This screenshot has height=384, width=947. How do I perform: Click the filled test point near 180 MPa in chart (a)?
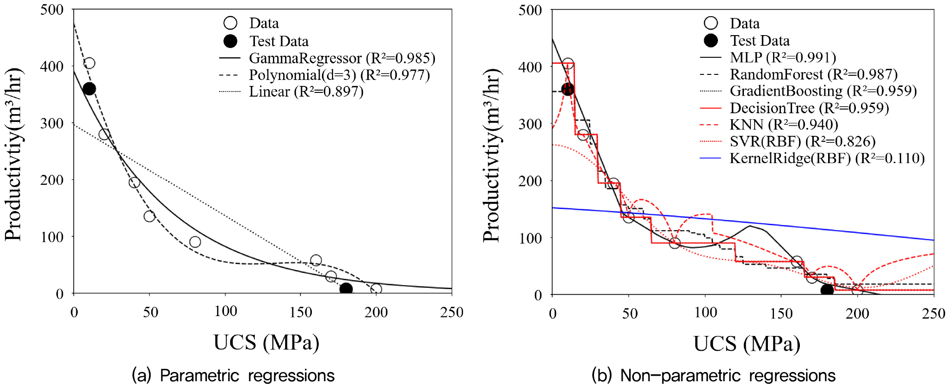346,289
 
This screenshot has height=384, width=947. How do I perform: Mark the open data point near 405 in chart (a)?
89,63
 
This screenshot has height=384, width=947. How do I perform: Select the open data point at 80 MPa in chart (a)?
195,242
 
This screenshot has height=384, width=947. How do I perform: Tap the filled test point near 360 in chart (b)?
568,89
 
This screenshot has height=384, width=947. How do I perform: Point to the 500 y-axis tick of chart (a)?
52,10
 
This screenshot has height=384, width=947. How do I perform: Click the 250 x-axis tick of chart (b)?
934,314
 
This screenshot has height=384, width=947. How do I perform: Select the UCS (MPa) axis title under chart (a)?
266,343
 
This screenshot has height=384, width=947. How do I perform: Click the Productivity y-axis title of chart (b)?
491,156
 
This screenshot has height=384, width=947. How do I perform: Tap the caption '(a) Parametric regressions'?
233,375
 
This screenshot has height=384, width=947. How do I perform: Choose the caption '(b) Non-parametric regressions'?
713,375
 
